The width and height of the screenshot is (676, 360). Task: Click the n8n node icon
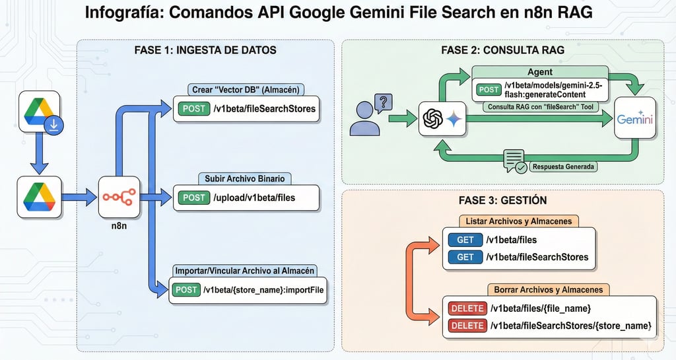[x=119, y=196]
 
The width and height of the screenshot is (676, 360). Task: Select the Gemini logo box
[x=634, y=119]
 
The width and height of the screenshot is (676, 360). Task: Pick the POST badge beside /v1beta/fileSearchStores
[x=193, y=108]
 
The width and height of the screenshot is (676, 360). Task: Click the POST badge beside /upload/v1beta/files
[x=193, y=197]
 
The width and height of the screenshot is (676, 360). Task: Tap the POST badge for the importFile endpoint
[x=186, y=289]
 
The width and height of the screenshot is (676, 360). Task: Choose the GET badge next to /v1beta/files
[x=465, y=240]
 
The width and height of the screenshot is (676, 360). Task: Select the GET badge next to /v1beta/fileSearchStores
[x=465, y=256]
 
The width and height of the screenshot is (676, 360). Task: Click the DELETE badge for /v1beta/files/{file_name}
[x=467, y=308]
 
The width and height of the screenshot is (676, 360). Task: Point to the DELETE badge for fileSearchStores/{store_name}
[x=467, y=325]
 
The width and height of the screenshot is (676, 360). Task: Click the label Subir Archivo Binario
[x=245, y=178]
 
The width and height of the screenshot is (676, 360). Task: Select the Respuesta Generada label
[x=565, y=166]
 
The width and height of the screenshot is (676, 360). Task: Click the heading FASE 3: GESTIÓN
[x=502, y=199]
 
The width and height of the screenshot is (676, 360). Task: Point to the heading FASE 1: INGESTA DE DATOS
[x=205, y=50]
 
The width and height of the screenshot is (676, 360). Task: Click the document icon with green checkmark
[x=514, y=161]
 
